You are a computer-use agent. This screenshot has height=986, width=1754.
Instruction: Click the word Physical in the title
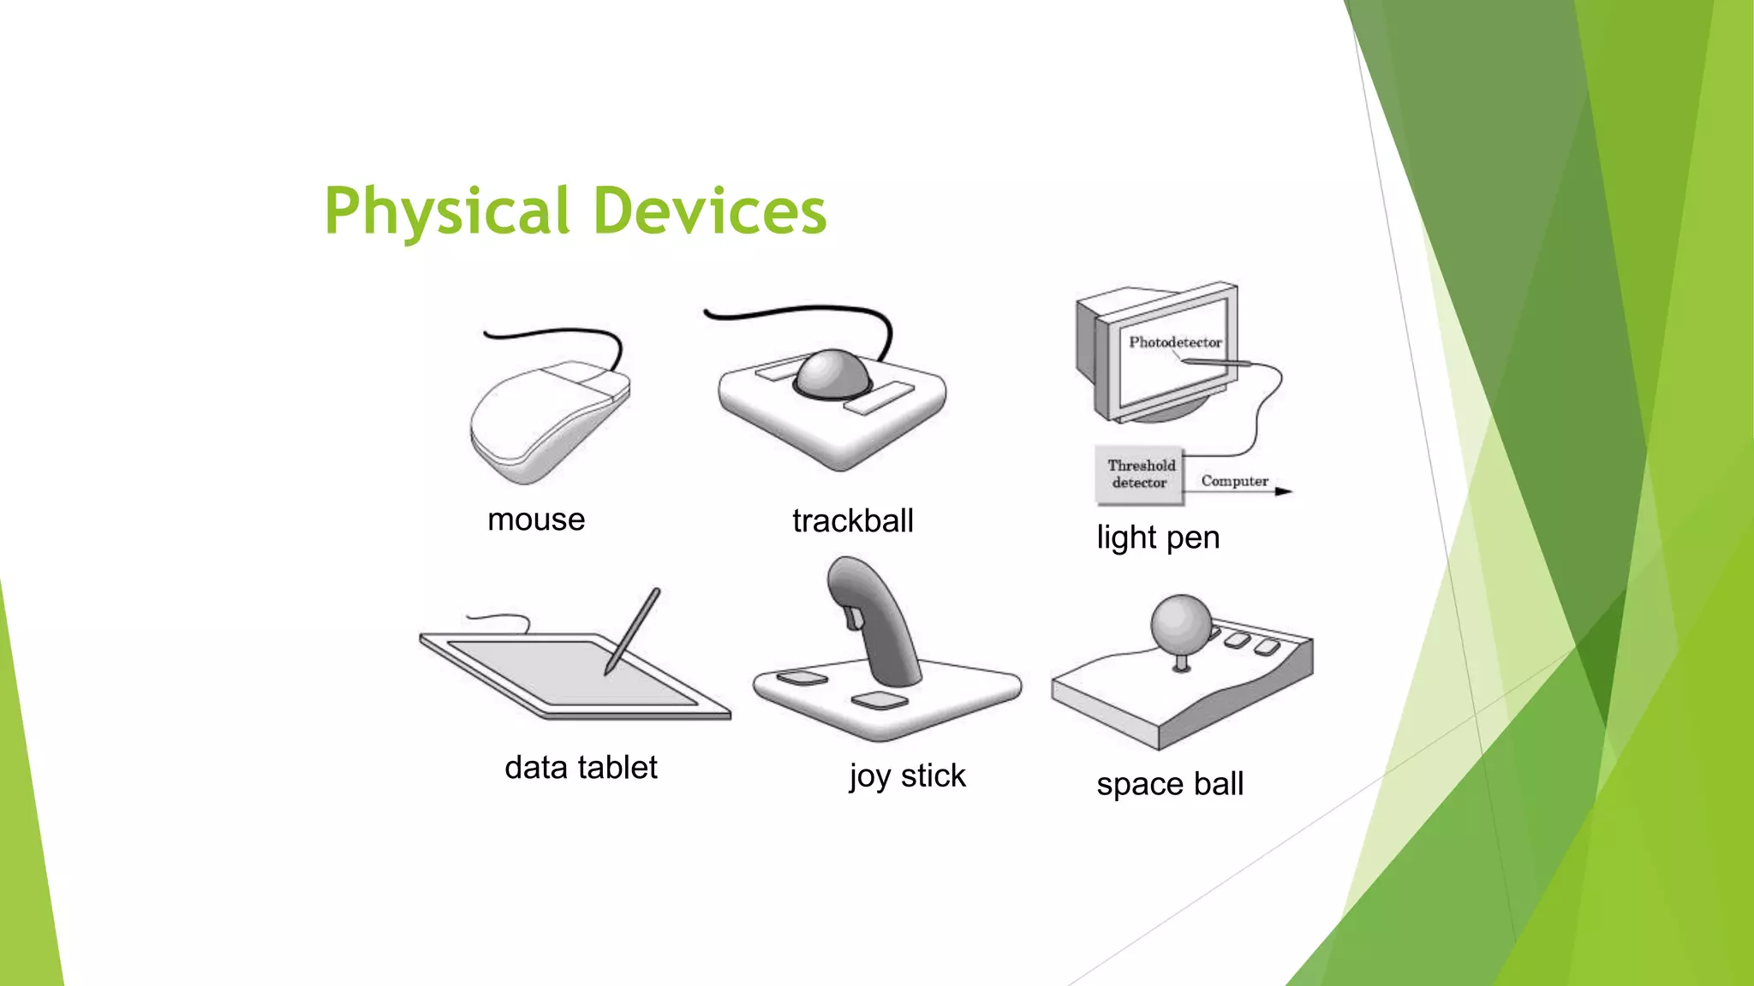[x=446, y=211]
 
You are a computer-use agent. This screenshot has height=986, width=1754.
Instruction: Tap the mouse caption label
[x=536, y=520]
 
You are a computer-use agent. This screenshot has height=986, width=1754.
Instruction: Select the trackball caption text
[x=853, y=520]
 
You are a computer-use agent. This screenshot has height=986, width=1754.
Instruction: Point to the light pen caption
[x=1158, y=538]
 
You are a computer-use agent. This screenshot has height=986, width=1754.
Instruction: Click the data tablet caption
[x=581, y=768]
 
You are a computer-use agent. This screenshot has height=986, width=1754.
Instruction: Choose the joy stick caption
[x=907, y=776]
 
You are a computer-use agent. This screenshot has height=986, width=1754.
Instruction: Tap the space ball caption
[x=1170, y=784]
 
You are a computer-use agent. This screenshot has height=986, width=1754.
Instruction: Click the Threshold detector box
[x=1139, y=474]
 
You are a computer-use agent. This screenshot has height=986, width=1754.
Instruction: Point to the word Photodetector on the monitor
[x=1175, y=342]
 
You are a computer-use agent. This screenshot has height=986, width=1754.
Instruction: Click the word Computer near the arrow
[x=1234, y=481]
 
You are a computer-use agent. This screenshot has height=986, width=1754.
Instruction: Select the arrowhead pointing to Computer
[x=1283, y=491]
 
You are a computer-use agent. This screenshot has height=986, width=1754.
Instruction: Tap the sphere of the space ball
[x=1181, y=623]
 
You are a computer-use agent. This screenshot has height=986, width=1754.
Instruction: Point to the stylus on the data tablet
[x=633, y=630]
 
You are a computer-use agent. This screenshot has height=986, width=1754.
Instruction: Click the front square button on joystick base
[x=880, y=701]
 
